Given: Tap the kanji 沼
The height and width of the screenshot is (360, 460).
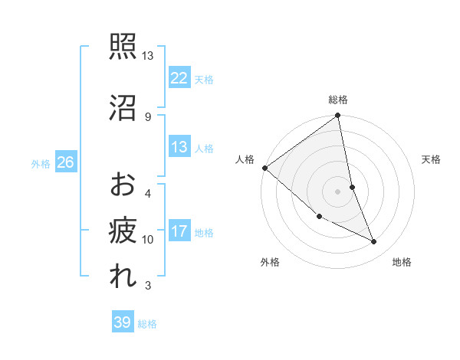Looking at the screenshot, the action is pos(123,107).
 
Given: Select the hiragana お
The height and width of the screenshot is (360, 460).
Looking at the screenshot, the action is pos(123,185).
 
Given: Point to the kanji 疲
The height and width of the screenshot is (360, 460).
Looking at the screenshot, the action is pos(123,230).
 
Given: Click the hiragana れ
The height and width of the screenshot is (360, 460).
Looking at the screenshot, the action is pos(123,277).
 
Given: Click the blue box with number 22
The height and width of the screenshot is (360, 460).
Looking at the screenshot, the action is pos(179,78).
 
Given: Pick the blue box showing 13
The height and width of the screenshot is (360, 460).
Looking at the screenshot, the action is pos(179,147).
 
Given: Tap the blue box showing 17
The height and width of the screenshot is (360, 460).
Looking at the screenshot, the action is pos(179,231).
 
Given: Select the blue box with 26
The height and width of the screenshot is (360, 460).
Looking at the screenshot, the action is pos(65,162).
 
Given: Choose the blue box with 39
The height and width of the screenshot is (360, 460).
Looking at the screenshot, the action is pos(122,322).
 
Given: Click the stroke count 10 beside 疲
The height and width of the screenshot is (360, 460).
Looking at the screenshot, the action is pos(148,240).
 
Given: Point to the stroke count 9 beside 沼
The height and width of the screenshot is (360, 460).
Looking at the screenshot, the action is pos(148,116).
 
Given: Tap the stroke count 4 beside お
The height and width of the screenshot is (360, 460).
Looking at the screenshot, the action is pos(148,193).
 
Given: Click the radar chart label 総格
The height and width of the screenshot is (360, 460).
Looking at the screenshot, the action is pos(338,100).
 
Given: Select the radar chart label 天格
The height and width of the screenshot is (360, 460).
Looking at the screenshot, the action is pos(432,159).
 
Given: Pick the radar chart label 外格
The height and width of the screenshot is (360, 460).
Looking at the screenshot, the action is pos(270,262).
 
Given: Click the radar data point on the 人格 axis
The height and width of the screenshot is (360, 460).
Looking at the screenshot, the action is pos(264,168).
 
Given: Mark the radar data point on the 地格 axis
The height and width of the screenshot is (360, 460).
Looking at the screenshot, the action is pos(374,242).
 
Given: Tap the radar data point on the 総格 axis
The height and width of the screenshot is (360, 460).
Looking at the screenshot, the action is pos(338,116).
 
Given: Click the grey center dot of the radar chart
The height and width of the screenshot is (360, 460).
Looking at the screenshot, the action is pos(338,191).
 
